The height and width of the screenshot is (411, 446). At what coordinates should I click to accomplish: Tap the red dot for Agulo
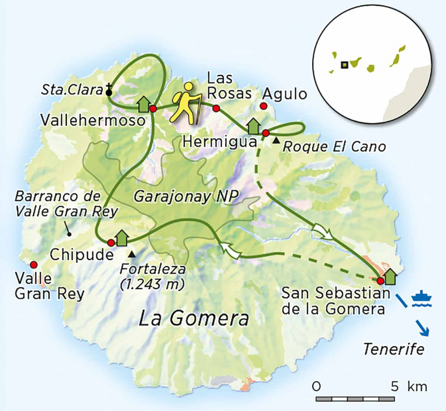coord(263,106)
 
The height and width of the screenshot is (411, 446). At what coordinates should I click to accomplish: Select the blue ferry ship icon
coord(421,298)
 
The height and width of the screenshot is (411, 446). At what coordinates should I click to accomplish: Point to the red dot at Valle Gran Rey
coord(34,264)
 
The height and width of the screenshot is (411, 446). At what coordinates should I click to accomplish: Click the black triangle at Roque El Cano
coord(277,140)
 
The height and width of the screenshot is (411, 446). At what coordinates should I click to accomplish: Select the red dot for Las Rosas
coord(216,108)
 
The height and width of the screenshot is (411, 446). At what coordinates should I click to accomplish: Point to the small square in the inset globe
coord(343,65)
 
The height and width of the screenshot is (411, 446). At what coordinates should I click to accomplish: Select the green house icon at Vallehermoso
coord(144,104)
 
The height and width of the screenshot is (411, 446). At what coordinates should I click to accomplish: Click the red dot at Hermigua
coord(266,133)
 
